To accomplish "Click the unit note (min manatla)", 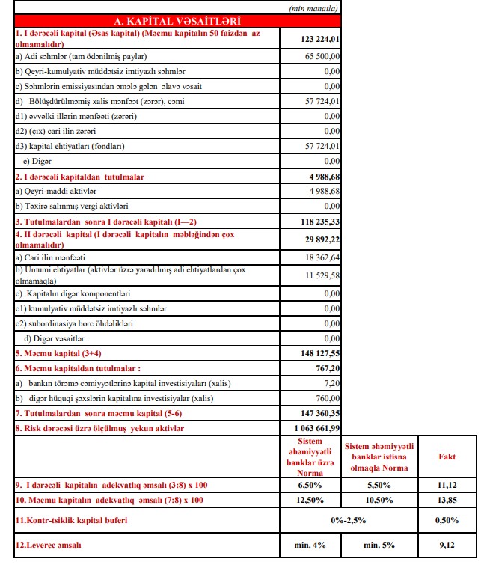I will [x=313, y=7].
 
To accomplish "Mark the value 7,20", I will [x=331, y=382].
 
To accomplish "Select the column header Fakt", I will [x=447, y=457].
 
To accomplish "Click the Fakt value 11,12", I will [x=447, y=485].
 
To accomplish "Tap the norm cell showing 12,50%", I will [x=311, y=500].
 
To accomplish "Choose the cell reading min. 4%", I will [x=311, y=546].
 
